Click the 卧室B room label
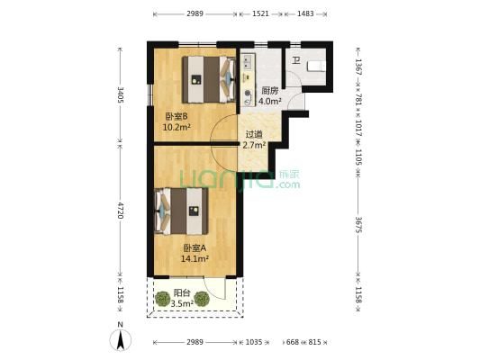pos(176,116)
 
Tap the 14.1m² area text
pos(195,258)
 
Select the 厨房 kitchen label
pos(269,91)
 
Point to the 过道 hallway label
pos(254,135)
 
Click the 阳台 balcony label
pos(181,292)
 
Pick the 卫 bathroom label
pos(295,60)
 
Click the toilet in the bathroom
pos(314,67)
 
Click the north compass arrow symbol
pos(120,339)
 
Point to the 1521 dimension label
pos(260,14)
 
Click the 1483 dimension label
pos(305,14)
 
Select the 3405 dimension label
pos(120,94)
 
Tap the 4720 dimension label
pos(120,212)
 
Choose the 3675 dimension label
pos(358,224)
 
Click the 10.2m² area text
pos(176,127)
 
